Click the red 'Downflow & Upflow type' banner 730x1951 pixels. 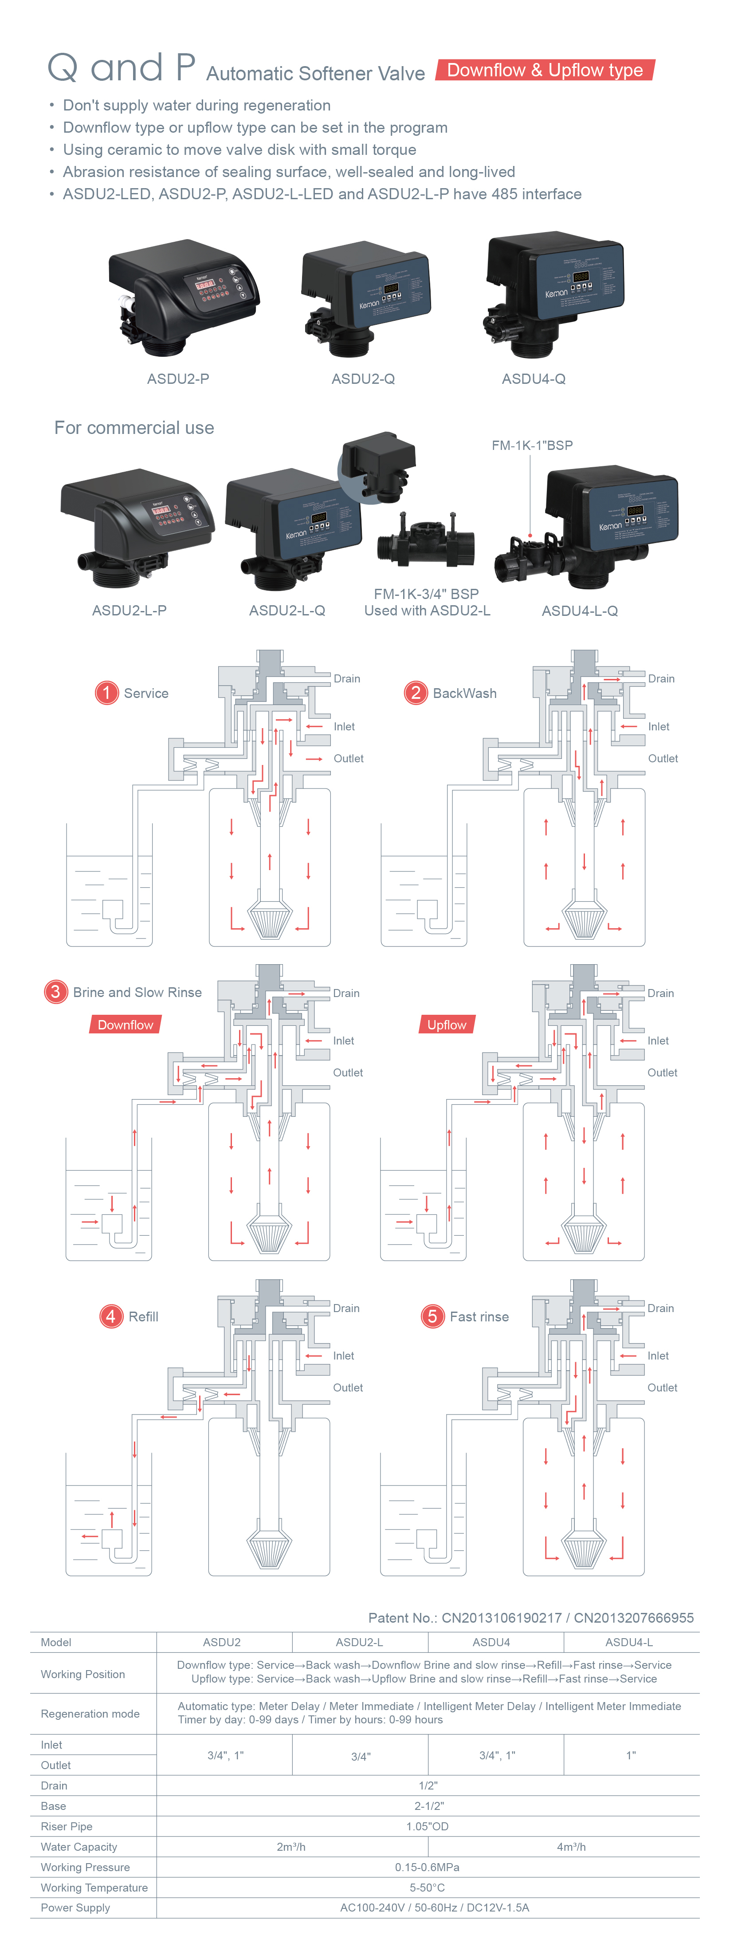tap(545, 71)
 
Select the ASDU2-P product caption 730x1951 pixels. tap(178, 378)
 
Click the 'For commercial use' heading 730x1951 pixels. tap(134, 428)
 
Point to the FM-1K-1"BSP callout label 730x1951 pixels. tap(532, 445)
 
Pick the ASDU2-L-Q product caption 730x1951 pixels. tap(287, 611)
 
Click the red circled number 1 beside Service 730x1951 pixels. tap(107, 692)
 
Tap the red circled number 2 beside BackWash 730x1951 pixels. tap(415, 692)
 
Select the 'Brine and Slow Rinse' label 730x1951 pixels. tap(137, 992)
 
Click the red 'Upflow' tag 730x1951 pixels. tap(447, 1025)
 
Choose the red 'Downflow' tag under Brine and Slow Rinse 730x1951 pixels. tap(125, 1025)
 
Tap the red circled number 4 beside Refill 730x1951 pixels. tap(110, 1316)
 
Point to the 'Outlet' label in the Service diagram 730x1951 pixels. tap(348, 758)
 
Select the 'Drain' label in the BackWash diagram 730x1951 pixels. tap(661, 678)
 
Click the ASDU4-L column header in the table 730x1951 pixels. tap(628, 1642)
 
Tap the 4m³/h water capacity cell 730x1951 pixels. tap(571, 1846)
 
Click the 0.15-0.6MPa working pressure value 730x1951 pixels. tap(427, 1867)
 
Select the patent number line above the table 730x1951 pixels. tap(530, 1618)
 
